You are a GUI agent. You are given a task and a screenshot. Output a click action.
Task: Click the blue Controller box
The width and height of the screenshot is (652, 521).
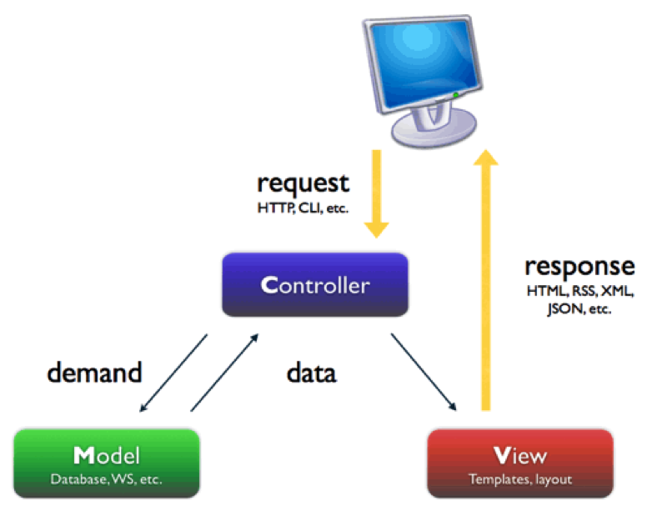pyautogui.click(x=314, y=285)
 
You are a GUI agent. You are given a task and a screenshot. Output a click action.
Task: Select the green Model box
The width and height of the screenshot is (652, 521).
pyautogui.click(x=107, y=463)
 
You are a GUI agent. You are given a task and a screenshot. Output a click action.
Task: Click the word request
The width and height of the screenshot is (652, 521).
pyautogui.click(x=303, y=181)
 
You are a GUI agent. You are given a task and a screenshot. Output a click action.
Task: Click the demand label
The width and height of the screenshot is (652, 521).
pyautogui.click(x=94, y=372)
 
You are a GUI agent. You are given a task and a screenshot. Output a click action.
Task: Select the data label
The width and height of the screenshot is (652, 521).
pyautogui.click(x=311, y=372)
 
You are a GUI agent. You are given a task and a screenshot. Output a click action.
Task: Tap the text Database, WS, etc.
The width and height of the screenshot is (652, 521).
pyautogui.click(x=107, y=479)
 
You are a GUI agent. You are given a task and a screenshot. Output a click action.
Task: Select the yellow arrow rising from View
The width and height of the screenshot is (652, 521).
pyautogui.click(x=486, y=283)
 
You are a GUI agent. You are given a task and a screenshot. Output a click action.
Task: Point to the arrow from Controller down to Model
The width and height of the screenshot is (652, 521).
pyautogui.click(x=174, y=373)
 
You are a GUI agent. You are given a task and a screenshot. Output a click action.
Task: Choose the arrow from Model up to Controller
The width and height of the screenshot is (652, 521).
pyautogui.click(x=223, y=372)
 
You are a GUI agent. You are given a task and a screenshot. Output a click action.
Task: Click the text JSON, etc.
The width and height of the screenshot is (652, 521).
pyautogui.click(x=579, y=308)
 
